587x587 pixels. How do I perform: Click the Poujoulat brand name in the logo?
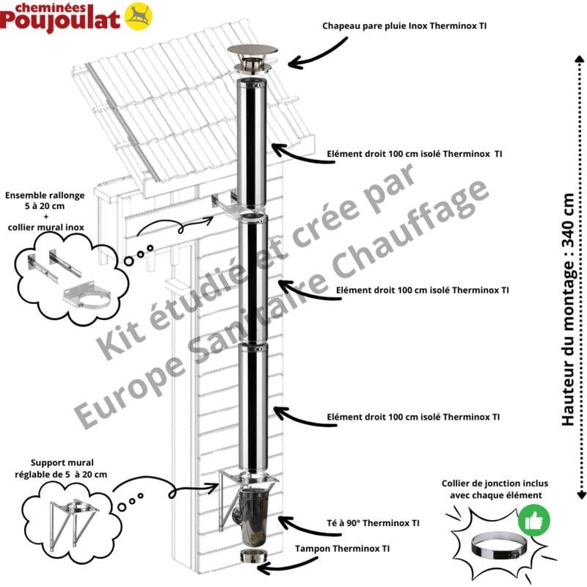60,19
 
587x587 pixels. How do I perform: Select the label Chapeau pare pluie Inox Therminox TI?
404,26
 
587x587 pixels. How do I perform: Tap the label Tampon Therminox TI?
342,548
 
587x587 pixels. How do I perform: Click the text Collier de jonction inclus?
495,484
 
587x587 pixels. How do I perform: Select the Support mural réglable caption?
61,469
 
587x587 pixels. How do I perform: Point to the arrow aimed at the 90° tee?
298,523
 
